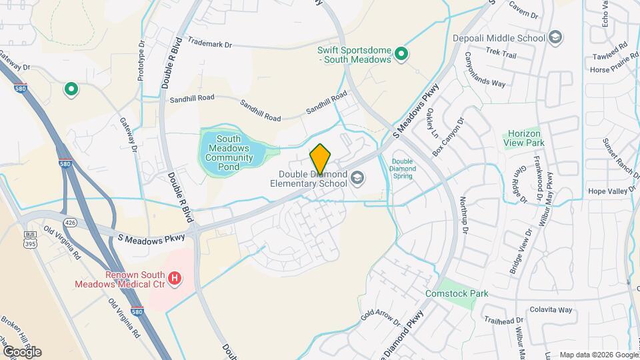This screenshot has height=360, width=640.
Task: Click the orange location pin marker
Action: [x=320, y=159]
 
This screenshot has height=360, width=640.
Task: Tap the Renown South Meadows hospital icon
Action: [x=175, y=278]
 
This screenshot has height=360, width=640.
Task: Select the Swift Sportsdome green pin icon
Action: [x=401, y=53]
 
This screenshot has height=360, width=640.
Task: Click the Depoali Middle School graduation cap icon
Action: [x=555, y=37]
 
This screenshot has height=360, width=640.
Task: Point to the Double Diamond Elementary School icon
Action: [x=358, y=178]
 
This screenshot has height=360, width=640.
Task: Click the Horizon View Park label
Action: [x=525, y=138]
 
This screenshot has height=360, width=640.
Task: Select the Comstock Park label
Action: [x=457, y=293]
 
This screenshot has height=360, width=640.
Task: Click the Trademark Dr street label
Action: [x=209, y=45]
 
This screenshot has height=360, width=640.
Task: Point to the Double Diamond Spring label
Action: [x=403, y=169]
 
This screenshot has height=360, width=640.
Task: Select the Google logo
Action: [x=21, y=351]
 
